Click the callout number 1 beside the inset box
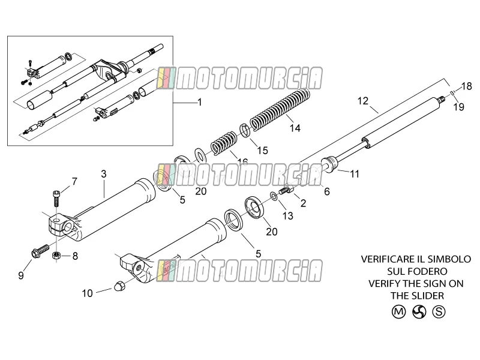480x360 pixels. point(200,102)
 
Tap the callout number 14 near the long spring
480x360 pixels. point(295,128)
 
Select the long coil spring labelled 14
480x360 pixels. point(280,109)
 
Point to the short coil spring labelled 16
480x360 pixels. point(224,142)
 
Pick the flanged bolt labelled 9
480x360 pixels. point(40,250)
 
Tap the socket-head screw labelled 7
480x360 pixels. point(56,199)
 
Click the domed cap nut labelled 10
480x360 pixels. point(118,286)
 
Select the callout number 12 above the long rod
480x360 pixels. point(363,101)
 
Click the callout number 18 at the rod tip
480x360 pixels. point(467,86)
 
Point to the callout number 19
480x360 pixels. point(459,107)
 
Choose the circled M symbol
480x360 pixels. point(398,312)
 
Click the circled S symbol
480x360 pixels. point(439,312)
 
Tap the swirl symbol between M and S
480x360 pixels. point(419,312)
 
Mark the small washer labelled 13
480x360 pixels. point(274,196)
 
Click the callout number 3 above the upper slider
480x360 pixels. point(104,174)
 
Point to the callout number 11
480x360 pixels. point(355,174)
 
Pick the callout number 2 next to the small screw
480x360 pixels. point(303,203)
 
